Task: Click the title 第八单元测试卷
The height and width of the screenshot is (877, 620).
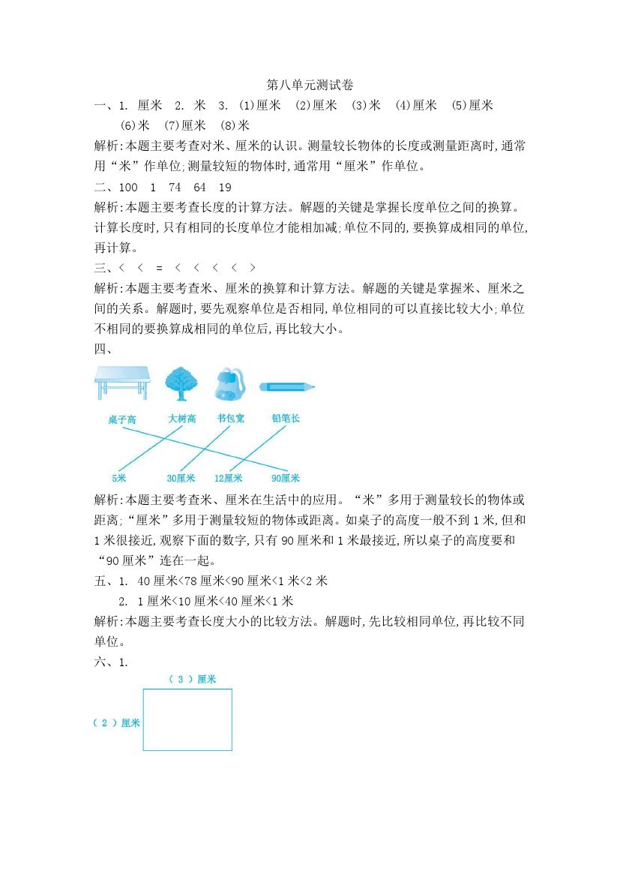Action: pyautogui.click(x=310, y=86)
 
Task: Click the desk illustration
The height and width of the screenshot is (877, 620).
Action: pyautogui.click(x=122, y=383)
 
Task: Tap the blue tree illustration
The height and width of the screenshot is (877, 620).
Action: pyautogui.click(x=181, y=383)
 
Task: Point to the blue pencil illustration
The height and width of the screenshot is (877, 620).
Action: pyautogui.click(x=287, y=387)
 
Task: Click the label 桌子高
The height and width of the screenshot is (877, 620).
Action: pyautogui.click(x=121, y=420)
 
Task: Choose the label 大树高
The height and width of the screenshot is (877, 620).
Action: pyautogui.click(x=181, y=419)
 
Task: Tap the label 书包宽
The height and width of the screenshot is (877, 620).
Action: pyautogui.click(x=230, y=419)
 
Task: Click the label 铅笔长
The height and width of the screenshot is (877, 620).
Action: pyautogui.click(x=286, y=419)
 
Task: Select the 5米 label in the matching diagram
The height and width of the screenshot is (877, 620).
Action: pyautogui.click(x=119, y=478)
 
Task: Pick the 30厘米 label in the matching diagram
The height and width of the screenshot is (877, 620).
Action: pyautogui.click(x=181, y=478)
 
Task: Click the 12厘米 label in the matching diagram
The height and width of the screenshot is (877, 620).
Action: pyautogui.click(x=228, y=478)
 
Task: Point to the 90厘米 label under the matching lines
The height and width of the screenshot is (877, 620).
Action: pyautogui.click(x=286, y=478)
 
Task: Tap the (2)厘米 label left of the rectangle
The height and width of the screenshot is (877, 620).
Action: pyautogui.click(x=116, y=722)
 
